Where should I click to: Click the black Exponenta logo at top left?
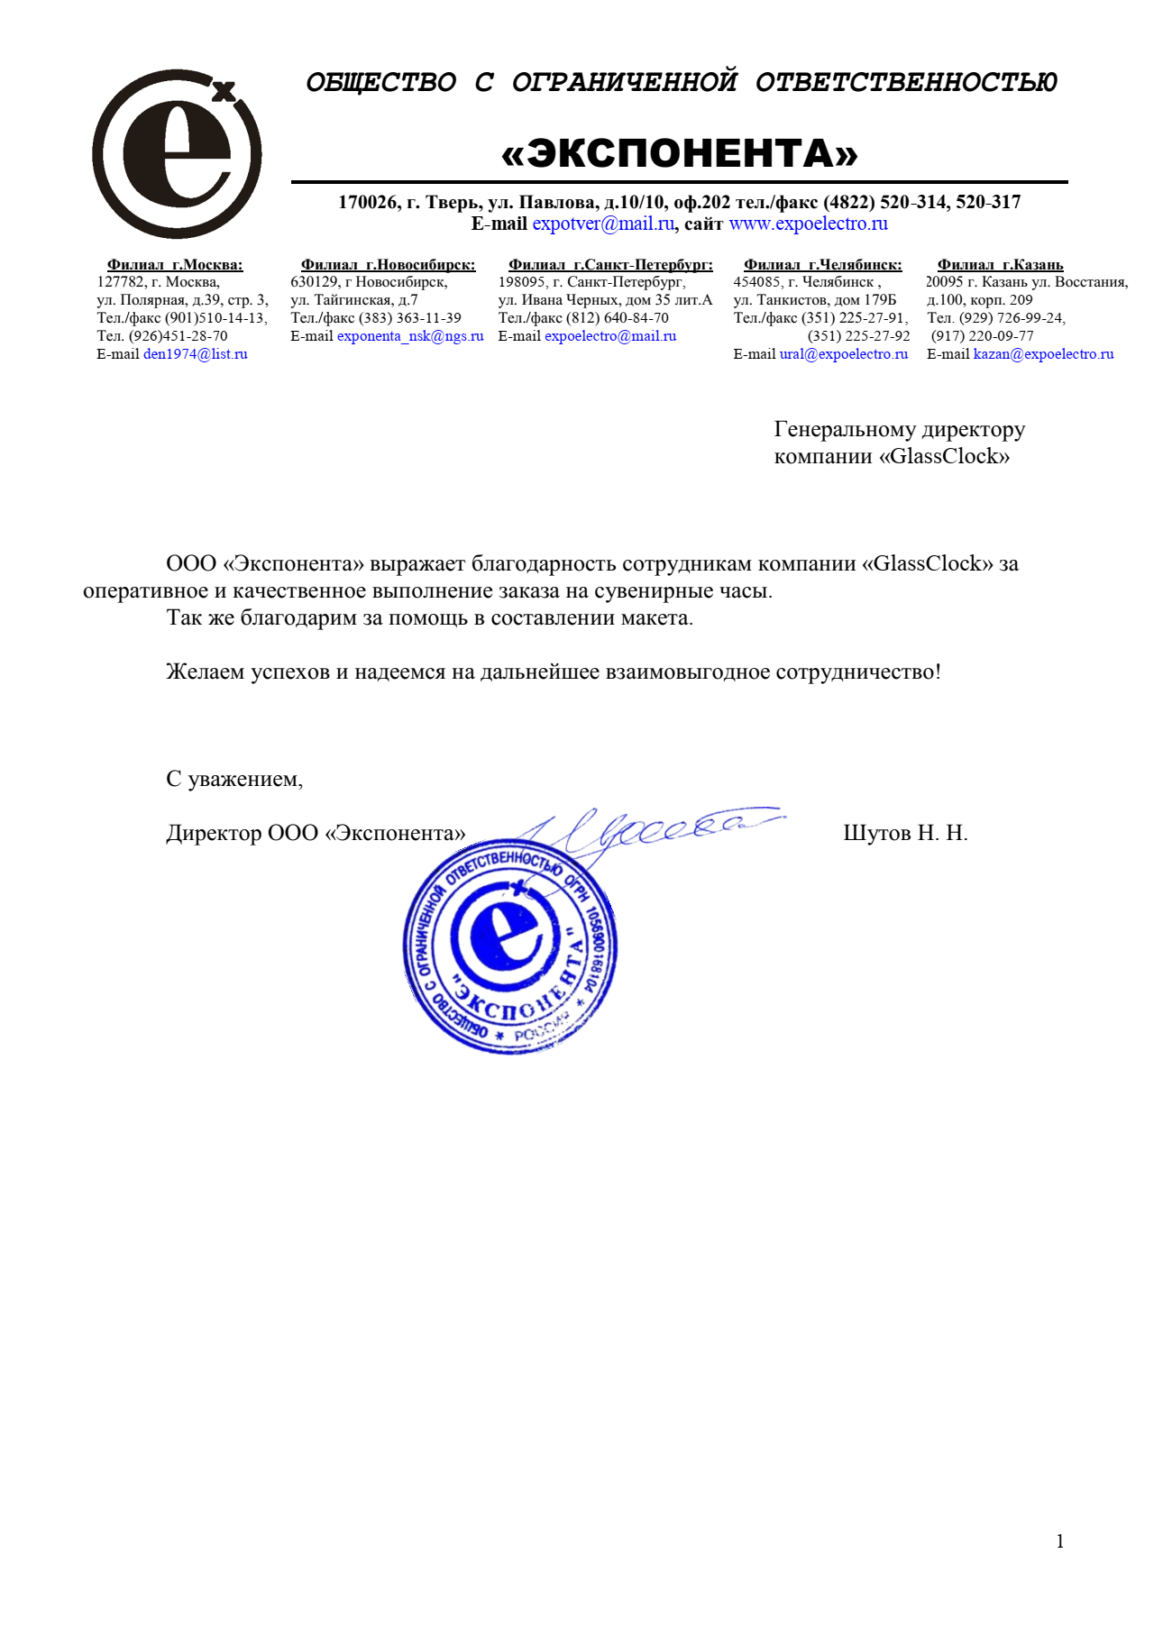(177, 153)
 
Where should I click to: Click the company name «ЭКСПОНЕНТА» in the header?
(679, 153)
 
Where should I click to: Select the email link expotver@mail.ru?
(602, 224)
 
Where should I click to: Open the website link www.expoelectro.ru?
(808, 224)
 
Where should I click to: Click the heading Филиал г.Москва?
(175, 265)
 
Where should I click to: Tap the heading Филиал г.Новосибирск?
(388, 265)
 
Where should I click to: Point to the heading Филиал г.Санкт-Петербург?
(610, 265)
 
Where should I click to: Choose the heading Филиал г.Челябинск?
(822, 265)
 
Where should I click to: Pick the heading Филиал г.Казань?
(1000, 265)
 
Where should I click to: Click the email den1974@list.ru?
(195, 354)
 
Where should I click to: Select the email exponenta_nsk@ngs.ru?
(410, 336)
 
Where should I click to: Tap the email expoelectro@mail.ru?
(610, 336)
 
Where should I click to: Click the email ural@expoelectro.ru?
(843, 354)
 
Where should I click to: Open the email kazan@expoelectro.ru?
(1043, 354)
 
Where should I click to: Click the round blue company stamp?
(509, 946)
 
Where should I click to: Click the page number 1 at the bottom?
(1059, 1541)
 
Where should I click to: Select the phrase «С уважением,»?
(234, 779)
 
